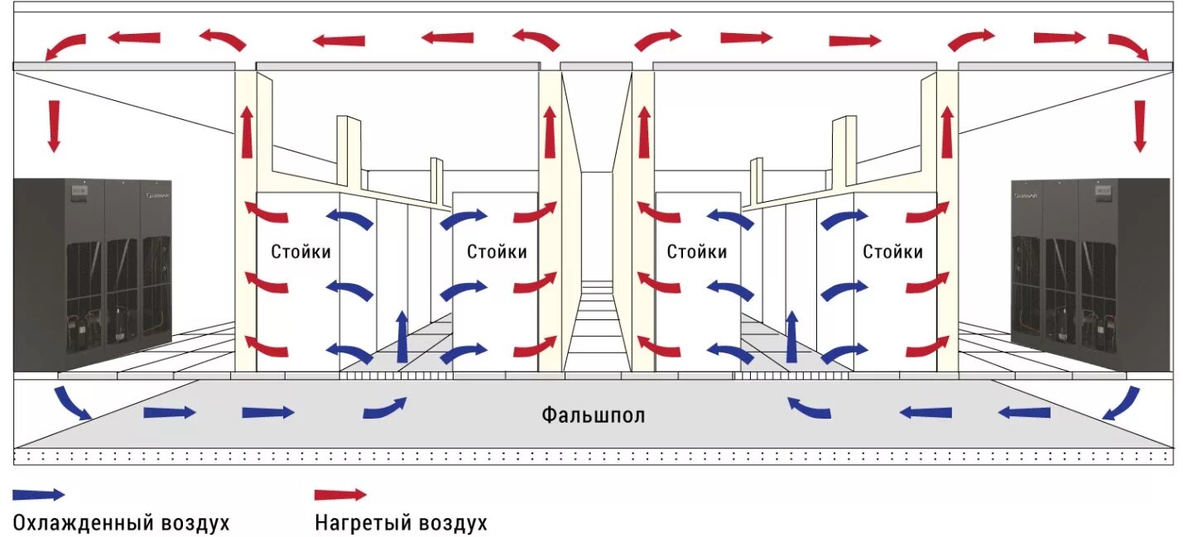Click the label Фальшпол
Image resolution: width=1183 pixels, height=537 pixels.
click(x=593, y=414)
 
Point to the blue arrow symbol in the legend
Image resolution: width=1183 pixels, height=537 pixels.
click(x=38, y=495)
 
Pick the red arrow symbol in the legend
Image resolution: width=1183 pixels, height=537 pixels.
click(x=339, y=495)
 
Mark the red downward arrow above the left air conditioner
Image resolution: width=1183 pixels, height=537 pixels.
click(x=54, y=126)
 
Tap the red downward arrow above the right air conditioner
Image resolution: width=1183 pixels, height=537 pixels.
click(x=1140, y=126)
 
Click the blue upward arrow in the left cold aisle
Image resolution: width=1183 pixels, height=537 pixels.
click(x=402, y=337)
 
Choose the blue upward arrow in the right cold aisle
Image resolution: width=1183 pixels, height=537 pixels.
click(x=791, y=337)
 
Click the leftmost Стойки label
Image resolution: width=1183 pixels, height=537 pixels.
click(x=301, y=252)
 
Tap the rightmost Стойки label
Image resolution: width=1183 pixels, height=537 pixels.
click(x=892, y=252)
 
